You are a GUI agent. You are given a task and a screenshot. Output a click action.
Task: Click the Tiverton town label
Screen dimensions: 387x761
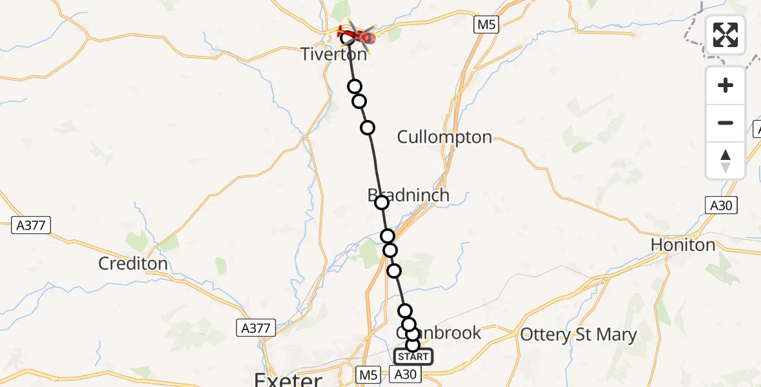333,54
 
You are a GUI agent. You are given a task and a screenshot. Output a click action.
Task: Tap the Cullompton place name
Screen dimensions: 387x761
444,137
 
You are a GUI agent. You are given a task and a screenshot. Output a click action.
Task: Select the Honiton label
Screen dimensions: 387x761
683,245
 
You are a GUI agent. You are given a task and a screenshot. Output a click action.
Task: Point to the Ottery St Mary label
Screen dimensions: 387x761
578,335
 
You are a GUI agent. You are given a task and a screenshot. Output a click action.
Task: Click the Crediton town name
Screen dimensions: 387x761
133,263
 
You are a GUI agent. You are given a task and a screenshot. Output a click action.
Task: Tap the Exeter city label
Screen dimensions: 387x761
288,379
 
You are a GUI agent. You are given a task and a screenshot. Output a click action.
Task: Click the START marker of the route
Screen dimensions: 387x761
413,357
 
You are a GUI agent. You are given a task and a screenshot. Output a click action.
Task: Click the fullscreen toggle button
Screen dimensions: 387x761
726,35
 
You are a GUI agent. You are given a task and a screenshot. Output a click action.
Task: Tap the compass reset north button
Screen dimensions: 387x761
726,161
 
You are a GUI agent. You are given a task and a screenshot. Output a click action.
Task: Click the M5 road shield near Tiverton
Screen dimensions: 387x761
486,25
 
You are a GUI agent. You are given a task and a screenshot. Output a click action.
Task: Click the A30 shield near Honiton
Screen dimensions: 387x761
720,206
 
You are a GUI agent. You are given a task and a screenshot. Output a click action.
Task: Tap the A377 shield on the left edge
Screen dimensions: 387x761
31,225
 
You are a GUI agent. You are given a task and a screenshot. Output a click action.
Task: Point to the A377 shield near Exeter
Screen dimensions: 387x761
256,328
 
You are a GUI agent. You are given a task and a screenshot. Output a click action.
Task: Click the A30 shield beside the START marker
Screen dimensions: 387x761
406,374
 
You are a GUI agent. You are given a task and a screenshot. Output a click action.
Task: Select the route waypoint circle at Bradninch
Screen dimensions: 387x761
382,203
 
